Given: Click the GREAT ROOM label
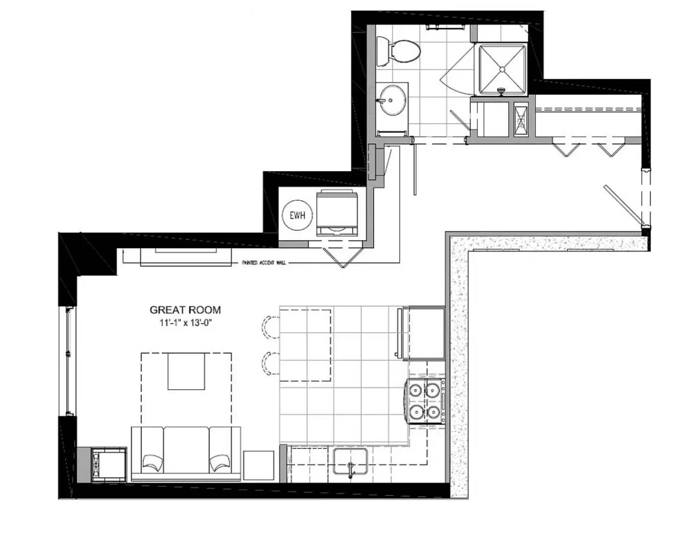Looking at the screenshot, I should [x=185, y=310].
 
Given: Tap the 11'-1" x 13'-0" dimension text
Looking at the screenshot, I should [x=185, y=323].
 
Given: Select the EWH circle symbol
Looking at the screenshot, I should [x=297, y=216].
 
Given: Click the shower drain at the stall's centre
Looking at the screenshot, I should [x=502, y=69].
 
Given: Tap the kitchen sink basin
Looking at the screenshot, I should [x=350, y=461].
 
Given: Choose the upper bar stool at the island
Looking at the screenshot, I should [x=270, y=328].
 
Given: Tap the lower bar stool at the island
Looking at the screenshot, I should [x=270, y=364].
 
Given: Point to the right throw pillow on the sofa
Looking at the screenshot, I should [x=220, y=463].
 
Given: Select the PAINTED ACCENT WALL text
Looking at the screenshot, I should [x=264, y=263].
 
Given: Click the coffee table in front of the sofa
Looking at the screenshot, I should [x=186, y=371].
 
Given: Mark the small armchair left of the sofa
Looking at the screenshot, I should [x=109, y=463].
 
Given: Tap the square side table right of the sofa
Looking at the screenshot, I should [x=258, y=465].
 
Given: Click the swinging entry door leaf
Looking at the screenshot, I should [x=623, y=205].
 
